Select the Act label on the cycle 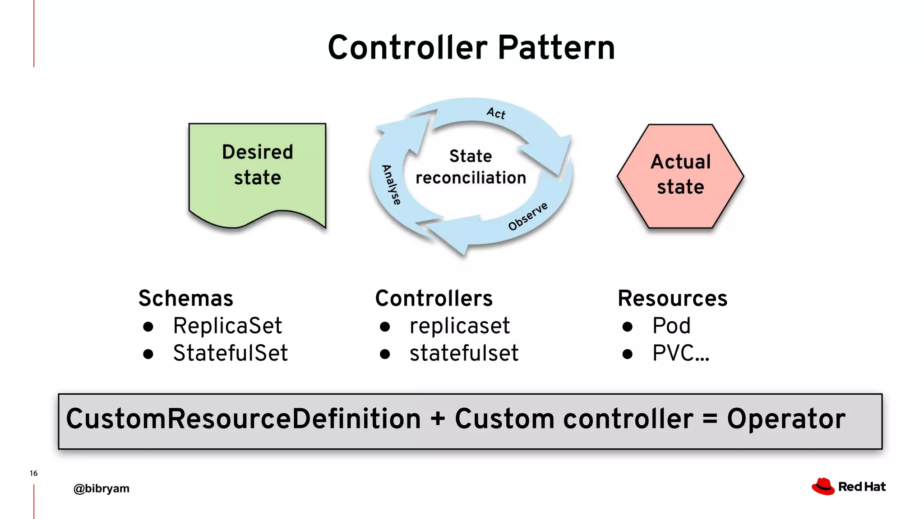[x=496, y=113]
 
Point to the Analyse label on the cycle [x=391, y=185]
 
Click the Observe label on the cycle [x=528, y=216]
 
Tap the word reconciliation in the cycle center [x=471, y=178]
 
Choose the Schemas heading [x=186, y=298]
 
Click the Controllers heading [x=434, y=298]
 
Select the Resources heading [x=672, y=298]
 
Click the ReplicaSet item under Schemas [x=227, y=326]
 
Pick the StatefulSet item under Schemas [x=230, y=353]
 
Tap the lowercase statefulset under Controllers [x=464, y=353]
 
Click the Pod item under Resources [x=671, y=326]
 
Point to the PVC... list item [x=680, y=353]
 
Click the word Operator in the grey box [x=786, y=419]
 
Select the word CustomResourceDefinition [x=244, y=419]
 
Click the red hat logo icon [x=823, y=487]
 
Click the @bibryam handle [x=102, y=488]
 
